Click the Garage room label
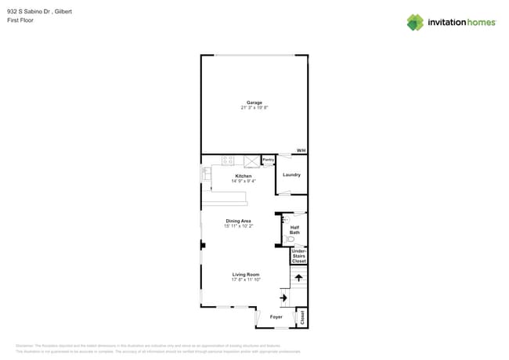[254, 103]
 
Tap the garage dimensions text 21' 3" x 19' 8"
[254, 108]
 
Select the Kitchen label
[244, 176]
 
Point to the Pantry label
[268, 160]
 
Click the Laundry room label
[291, 175]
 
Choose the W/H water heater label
[301, 150]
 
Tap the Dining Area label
[238, 221]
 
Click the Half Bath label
[294, 230]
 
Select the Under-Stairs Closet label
[298, 256]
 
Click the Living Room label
[245, 275]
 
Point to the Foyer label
[276, 317]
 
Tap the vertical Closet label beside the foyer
[302, 317]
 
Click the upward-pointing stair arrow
[298, 277]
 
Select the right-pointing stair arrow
[283, 297]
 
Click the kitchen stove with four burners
[229, 160]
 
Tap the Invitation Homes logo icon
[415, 22]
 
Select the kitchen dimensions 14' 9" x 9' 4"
[244, 181]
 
